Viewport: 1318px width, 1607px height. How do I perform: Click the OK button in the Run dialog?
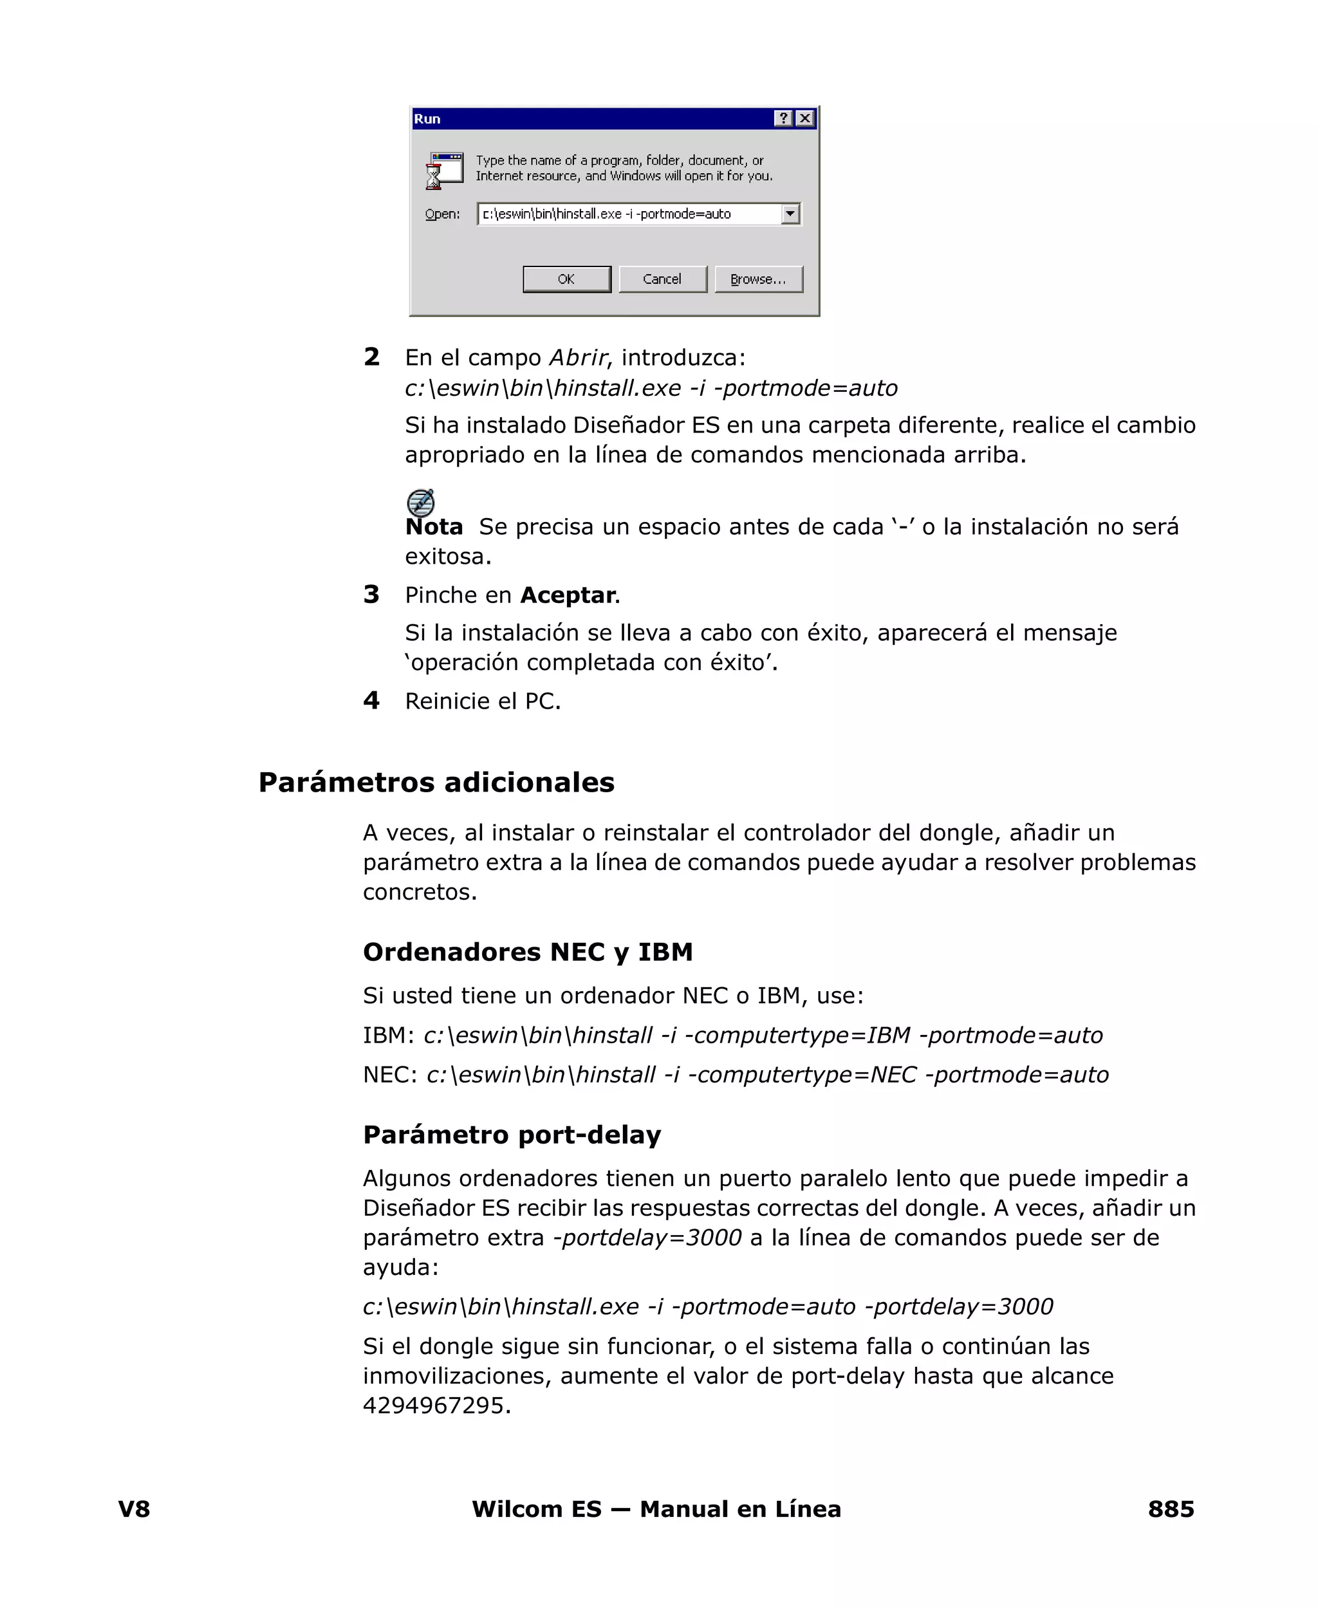pyautogui.click(x=566, y=279)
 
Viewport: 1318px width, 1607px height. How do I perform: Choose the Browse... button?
pyautogui.click(x=757, y=279)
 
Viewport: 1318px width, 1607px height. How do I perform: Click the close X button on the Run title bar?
pyautogui.click(x=805, y=118)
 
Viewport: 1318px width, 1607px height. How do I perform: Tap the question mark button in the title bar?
pyautogui.click(x=783, y=118)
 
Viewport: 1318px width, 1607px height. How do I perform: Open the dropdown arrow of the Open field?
pyautogui.click(x=790, y=214)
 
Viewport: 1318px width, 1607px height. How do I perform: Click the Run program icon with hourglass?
pyautogui.click(x=444, y=170)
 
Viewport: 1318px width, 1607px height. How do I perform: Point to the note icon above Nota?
pyautogui.click(x=421, y=503)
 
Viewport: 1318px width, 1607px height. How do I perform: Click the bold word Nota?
pyautogui.click(x=434, y=527)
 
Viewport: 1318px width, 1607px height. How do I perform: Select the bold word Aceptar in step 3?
pyautogui.click(x=567, y=595)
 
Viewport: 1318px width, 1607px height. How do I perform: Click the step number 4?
pyautogui.click(x=371, y=700)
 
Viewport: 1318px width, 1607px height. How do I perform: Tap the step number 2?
pyautogui.click(x=371, y=357)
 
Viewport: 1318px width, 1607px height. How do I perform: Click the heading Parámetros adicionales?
pyautogui.click(x=436, y=783)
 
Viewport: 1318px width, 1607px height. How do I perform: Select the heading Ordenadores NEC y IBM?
pyautogui.click(x=528, y=952)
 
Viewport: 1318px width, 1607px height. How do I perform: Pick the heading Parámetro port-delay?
pyautogui.click(x=512, y=1135)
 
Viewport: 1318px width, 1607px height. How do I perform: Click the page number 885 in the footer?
pyautogui.click(x=1170, y=1509)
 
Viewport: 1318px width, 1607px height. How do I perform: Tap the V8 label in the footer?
pyautogui.click(x=135, y=1509)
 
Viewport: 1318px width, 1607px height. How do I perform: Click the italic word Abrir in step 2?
pyautogui.click(x=578, y=358)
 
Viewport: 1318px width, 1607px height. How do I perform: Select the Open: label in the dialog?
pyautogui.click(x=442, y=214)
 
